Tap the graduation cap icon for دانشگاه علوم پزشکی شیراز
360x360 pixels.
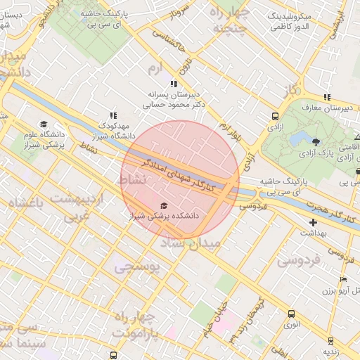(42, 127)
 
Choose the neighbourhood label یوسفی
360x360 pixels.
(137, 267)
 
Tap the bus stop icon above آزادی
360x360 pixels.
(274, 116)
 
